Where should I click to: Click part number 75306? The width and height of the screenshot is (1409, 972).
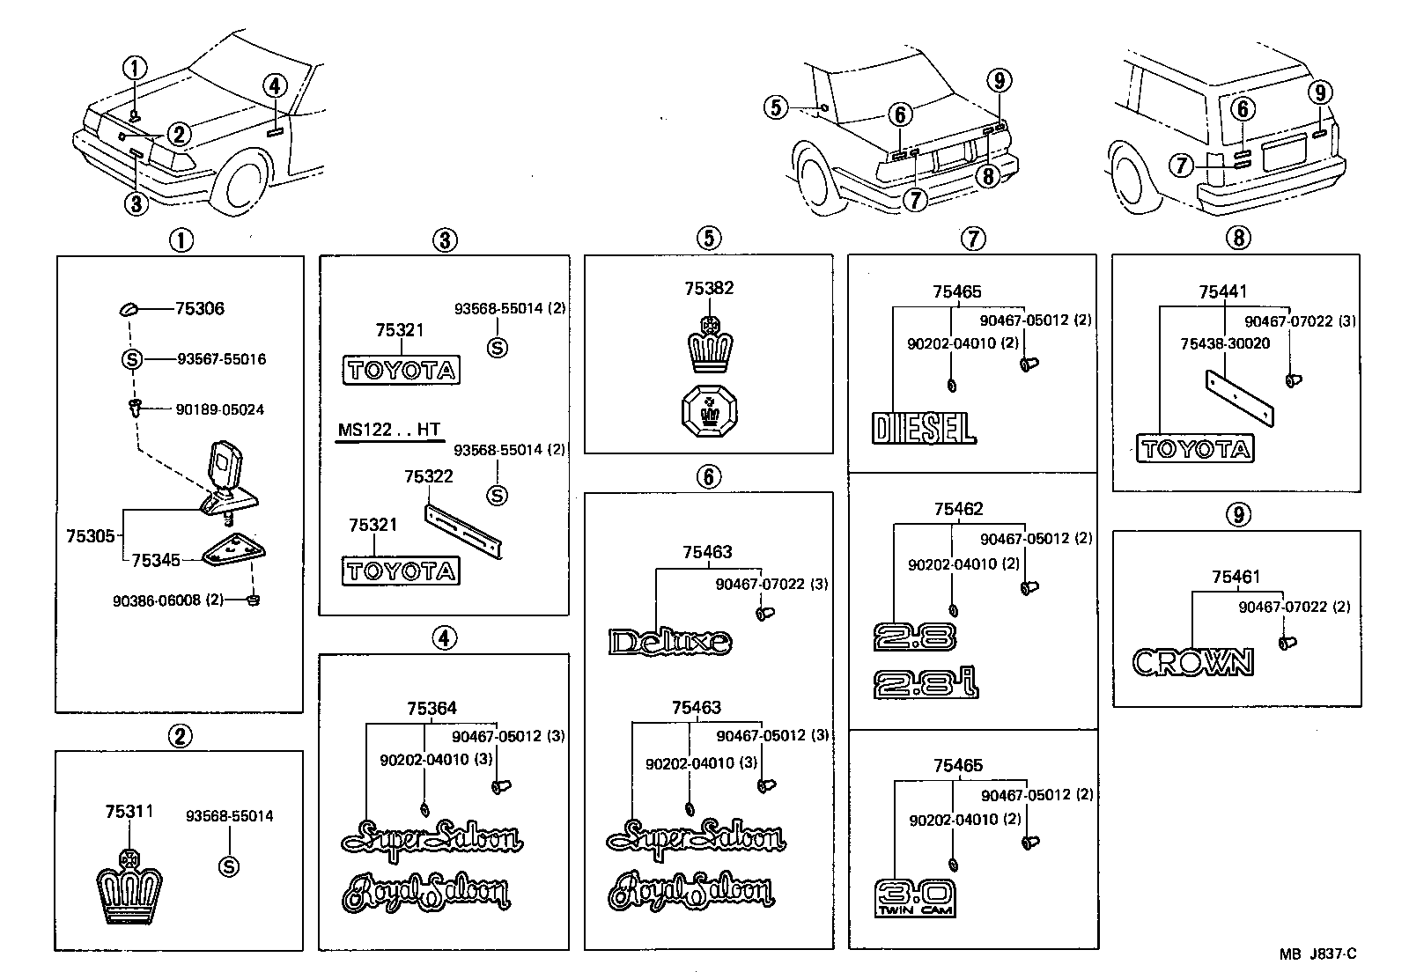(x=199, y=308)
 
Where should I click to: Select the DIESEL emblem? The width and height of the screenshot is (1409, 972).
(x=924, y=428)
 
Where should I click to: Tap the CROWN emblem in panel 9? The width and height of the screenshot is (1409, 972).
(x=1191, y=661)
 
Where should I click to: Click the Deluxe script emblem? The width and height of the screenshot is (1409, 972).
(x=669, y=642)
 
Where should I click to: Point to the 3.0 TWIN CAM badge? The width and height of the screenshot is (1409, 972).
(x=915, y=897)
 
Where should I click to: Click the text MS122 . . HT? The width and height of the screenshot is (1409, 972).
(x=388, y=431)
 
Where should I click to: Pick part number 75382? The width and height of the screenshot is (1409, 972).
(x=709, y=288)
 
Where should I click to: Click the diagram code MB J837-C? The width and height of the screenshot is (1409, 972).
(x=1317, y=954)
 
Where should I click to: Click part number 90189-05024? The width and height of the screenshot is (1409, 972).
(x=219, y=409)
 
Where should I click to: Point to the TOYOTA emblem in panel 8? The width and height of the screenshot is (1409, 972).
(x=1195, y=449)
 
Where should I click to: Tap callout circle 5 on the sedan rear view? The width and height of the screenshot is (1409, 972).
(x=775, y=107)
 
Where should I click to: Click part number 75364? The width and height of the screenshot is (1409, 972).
(x=432, y=708)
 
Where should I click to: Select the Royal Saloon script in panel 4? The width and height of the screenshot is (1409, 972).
(x=426, y=893)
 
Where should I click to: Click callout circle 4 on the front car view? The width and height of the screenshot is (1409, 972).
(x=275, y=85)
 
